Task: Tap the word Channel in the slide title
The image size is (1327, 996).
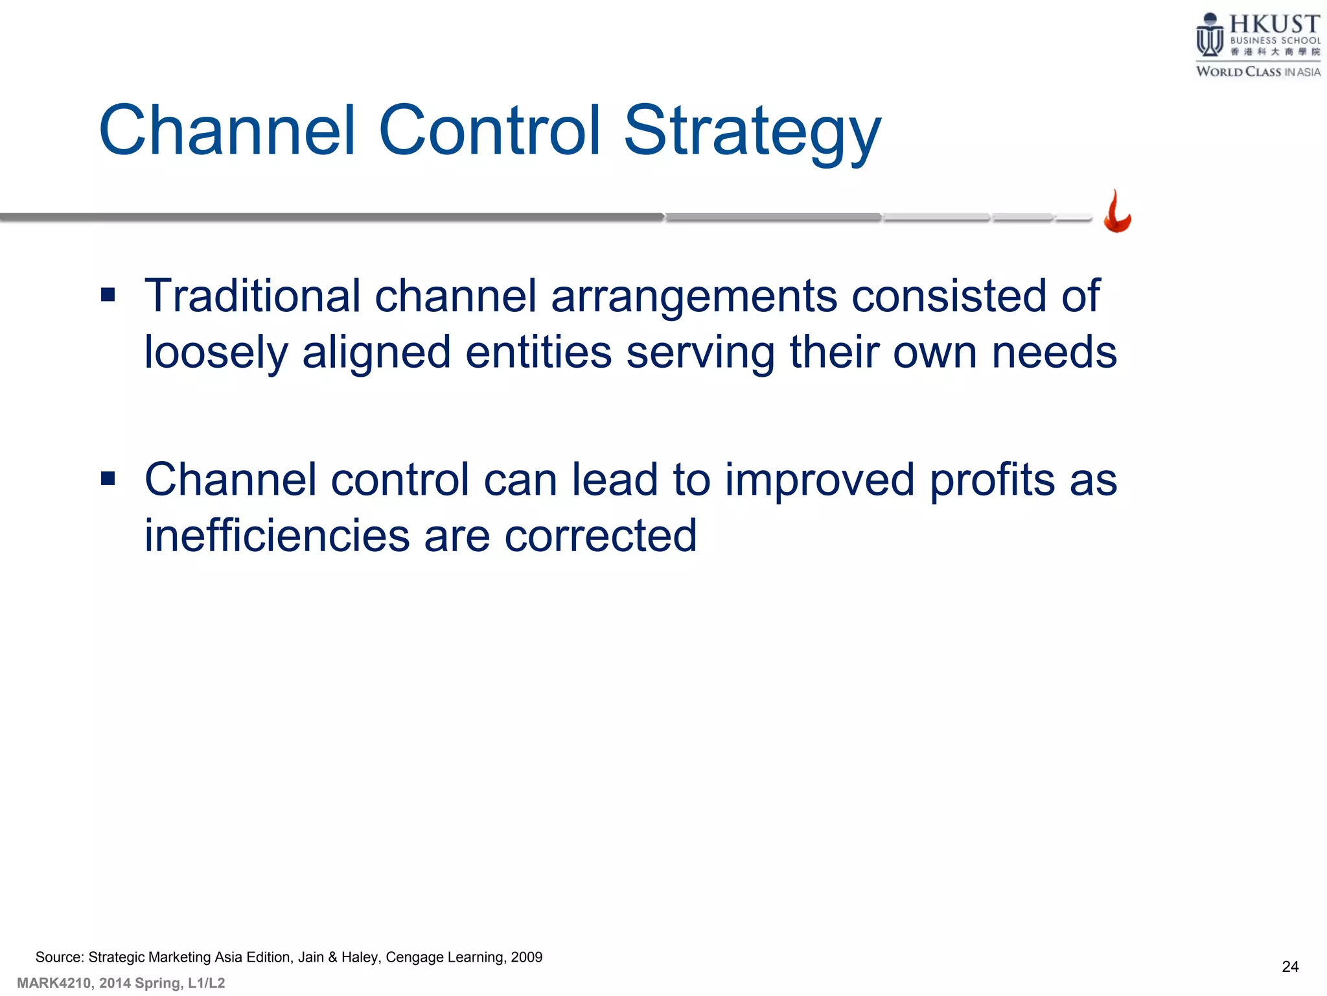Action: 227,131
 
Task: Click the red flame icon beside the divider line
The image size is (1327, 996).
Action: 1117,212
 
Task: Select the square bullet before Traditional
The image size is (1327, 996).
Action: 108,296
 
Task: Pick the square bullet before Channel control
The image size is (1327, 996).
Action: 108,479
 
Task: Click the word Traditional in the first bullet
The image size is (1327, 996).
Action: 252,296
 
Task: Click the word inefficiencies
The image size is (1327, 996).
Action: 277,536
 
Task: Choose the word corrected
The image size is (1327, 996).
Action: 600,536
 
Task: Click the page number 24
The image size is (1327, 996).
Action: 1289,967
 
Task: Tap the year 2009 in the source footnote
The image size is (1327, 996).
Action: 526,957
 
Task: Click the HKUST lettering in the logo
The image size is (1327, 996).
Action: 1274,25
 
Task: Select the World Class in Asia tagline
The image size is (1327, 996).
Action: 1258,72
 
